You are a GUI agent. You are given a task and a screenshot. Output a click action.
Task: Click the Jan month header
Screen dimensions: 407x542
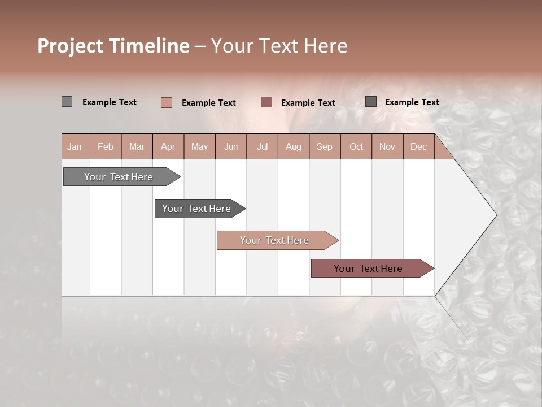[x=75, y=146]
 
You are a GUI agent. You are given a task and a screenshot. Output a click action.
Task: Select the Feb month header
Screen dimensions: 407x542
[x=106, y=146]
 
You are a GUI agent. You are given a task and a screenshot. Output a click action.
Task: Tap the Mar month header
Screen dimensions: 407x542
[x=137, y=146]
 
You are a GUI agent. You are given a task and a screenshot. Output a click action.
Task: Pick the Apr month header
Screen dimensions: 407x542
[x=168, y=146]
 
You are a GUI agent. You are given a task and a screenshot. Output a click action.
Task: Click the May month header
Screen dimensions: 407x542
[x=199, y=146]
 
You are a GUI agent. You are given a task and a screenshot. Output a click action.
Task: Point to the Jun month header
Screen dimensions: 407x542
[x=231, y=146]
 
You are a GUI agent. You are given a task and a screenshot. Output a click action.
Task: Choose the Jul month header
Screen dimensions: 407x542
[x=262, y=146]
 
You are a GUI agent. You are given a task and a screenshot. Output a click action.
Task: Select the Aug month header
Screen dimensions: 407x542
[x=294, y=146]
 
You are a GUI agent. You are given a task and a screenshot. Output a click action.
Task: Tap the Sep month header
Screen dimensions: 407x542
[x=325, y=146]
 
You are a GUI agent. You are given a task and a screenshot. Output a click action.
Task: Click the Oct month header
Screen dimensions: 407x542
[x=356, y=146]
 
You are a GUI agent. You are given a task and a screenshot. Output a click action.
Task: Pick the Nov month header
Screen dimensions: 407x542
[x=387, y=146]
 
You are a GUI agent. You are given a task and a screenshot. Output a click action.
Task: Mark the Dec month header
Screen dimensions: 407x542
[x=418, y=146]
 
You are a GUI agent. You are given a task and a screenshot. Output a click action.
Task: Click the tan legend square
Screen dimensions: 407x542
[x=166, y=102]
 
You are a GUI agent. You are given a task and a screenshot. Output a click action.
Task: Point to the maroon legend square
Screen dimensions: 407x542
[x=266, y=102]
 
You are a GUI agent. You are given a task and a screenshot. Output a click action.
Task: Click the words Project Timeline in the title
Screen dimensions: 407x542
[x=113, y=46]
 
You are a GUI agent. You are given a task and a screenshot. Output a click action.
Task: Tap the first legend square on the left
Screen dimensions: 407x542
[x=67, y=102]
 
